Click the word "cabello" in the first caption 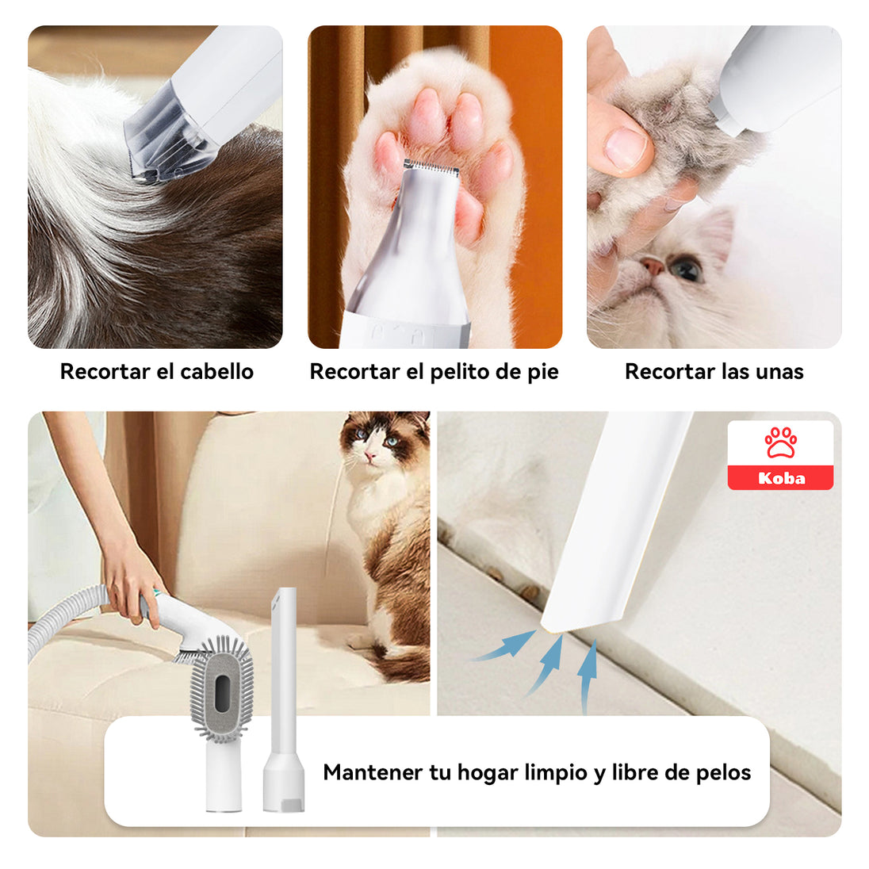click(x=216, y=371)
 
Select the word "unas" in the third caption click(x=779, y=372)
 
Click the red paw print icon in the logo click(x=780, y=442)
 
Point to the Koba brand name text click(x=781, y=478)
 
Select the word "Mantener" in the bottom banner click(x=373, y=772)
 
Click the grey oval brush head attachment click(x=221, y=691)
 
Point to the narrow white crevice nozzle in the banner click(x=283, y=700)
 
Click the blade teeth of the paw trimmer click(x=431, y=166)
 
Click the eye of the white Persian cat click(x=685, y=270)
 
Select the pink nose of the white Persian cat click(x=652, y=266)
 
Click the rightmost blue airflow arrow click(x=588, y=676)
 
